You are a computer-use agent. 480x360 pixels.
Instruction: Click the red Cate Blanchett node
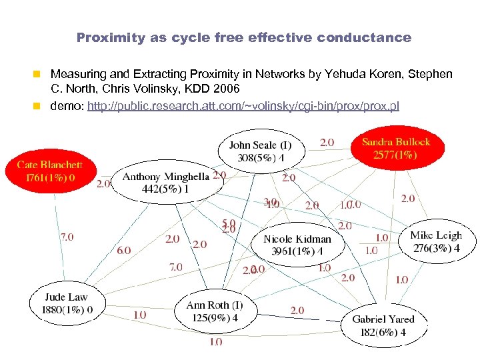click(49, 171)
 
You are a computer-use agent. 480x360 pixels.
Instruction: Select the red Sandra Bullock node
click(396, 149)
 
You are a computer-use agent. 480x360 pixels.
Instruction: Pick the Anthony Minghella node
click(165, 181)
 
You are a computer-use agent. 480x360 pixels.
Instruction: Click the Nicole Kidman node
click(297, 245)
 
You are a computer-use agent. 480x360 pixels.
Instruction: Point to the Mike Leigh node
click(436, 241)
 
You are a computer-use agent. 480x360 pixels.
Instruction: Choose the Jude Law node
click(66, 303)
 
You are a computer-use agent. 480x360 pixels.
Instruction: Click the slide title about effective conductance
click(244, 38)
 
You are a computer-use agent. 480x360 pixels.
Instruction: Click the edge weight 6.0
click(123, 250)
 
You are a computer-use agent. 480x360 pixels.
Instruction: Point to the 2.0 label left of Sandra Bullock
click(327, 142)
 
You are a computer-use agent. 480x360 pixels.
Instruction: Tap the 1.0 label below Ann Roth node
click(215, 341)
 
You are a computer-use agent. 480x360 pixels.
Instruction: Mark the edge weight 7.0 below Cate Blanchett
click(67, 236)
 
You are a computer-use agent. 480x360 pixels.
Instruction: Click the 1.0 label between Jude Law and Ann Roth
click(140, 315)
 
